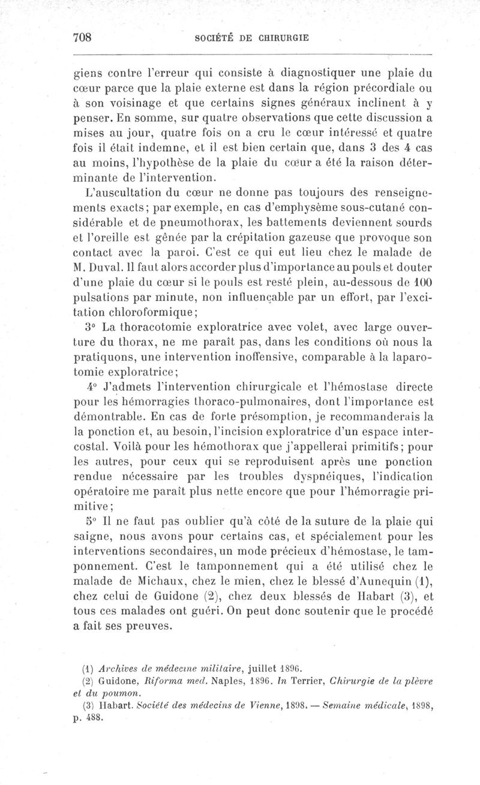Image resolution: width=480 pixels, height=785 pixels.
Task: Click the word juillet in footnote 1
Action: click(x=260, y=666)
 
